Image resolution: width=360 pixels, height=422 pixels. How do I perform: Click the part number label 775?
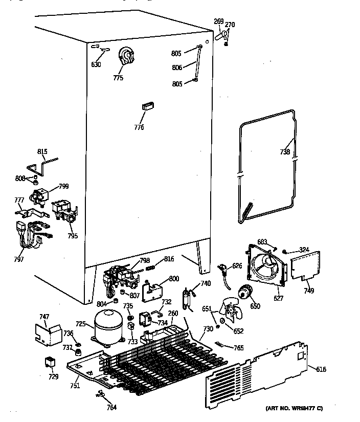click(118, 78)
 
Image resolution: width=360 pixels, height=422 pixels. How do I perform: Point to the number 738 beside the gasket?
click(285, 152)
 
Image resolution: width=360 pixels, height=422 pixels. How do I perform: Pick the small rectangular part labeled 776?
click(147, 106)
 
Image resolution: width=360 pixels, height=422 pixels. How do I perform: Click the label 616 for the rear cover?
click(321, 369)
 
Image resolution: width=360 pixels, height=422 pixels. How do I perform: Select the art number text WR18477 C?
click(295, 408)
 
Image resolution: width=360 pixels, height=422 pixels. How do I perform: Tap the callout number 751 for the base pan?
click(75, 386)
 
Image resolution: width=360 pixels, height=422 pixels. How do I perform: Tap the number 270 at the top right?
click(230, 24)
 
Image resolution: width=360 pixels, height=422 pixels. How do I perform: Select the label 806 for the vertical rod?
click(178, 66)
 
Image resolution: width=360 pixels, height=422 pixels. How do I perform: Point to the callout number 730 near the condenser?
click(208, 329)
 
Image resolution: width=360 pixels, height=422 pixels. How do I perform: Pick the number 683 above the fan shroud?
click(262, 241)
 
